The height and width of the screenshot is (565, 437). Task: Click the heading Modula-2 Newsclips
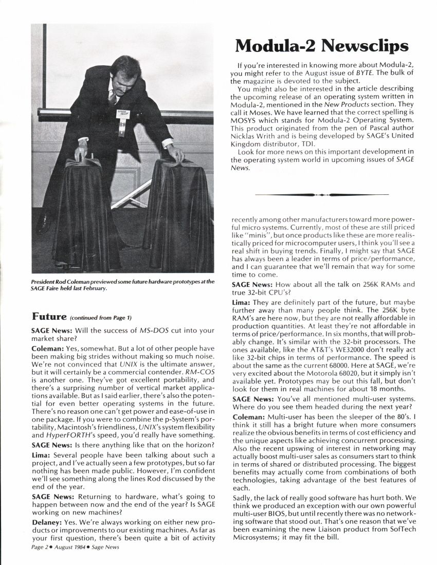(321, 46)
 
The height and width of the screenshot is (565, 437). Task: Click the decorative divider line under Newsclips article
(321, 195)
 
